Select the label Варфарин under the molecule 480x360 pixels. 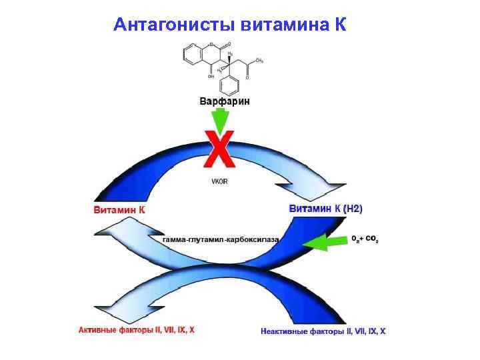(225, 102)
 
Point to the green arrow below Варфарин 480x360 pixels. (219, 122)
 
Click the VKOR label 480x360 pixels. (221, 181)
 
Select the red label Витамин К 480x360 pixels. (119, 209)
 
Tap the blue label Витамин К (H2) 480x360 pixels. (326, 209)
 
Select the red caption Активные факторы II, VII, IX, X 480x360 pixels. (137, 329)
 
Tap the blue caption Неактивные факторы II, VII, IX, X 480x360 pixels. (323, 331)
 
